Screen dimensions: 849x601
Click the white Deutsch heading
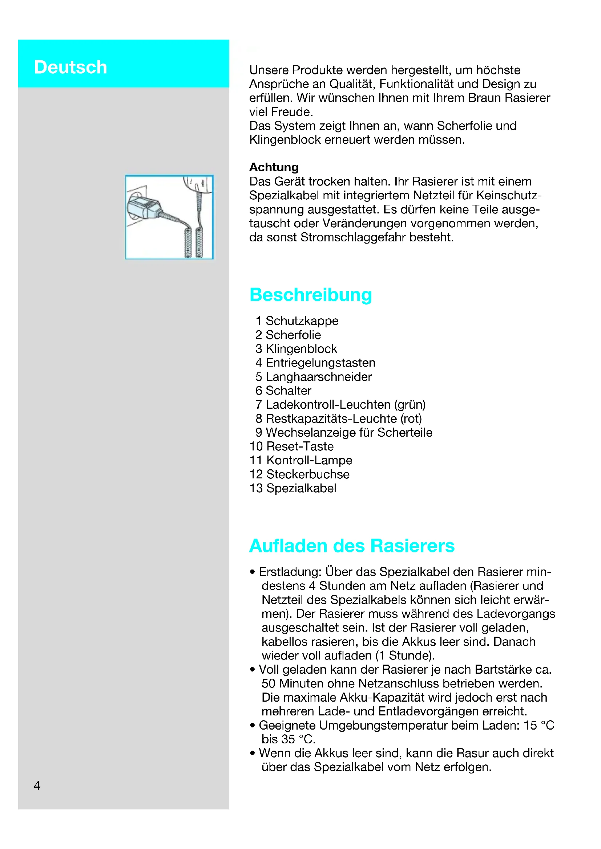click(70, 67)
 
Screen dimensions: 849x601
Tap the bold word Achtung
click(274, 167)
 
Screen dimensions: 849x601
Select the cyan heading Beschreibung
click(310, 295)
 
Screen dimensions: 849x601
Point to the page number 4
click(37, 785)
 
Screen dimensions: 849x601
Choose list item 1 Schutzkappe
click(297, 321)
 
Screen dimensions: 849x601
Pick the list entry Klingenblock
click(301, 349)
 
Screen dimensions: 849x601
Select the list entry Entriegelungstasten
click(320, 363)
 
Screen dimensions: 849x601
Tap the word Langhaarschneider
click(319, 377)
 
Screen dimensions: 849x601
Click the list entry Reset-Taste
click(300, 446)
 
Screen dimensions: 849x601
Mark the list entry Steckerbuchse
click(308, 474)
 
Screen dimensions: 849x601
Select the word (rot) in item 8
click(411, 419)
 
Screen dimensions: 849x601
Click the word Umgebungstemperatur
click(383, 726)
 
